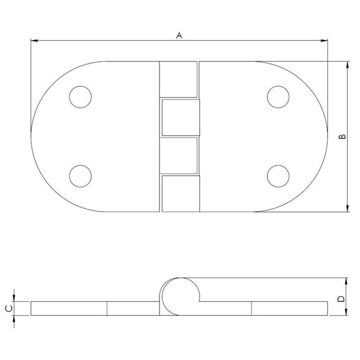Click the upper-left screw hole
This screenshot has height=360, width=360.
point(81,97)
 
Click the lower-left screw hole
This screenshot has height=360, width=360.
point(81,177)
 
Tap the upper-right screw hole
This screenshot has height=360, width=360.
point(277,97)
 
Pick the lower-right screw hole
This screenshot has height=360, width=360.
point(277,177)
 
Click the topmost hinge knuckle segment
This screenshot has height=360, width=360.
point(178,80)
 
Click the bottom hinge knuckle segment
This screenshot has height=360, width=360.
point(179,193)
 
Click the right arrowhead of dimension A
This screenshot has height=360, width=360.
point(324,40)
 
